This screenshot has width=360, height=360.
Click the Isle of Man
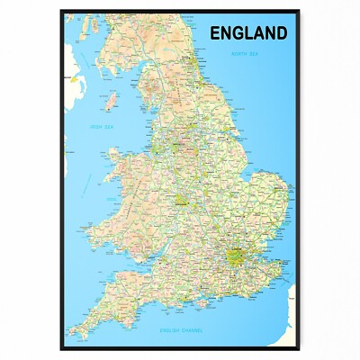112,97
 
